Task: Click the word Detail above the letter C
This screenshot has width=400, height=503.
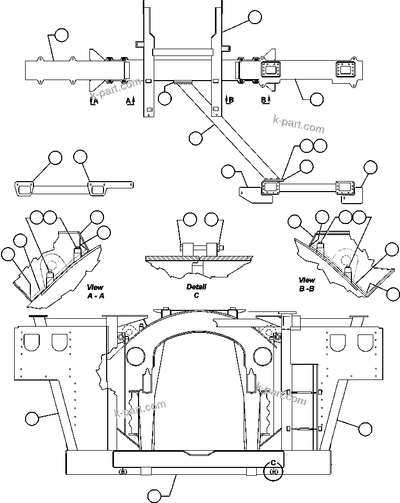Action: click(196, 287)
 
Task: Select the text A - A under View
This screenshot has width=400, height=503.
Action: click(95, 296)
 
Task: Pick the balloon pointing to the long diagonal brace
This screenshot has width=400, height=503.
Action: click(196, 138)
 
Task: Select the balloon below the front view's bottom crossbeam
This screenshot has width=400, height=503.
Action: click(154, 495)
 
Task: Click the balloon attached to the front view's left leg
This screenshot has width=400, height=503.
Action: click(32, 418)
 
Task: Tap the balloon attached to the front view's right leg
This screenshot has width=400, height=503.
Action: click(365, 429)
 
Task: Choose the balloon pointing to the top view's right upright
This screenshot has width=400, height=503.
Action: click(255, 17)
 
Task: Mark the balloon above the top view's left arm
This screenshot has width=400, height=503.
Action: click(61, 35)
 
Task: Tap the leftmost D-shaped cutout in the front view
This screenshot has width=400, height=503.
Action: click(33, 342)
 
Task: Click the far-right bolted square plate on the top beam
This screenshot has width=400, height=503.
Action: click(346, 70)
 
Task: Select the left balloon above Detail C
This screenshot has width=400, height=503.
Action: click(190, 219)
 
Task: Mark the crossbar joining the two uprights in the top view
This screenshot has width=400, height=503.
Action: click(183, 52)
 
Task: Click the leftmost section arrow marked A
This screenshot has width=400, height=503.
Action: click(94, 100)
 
